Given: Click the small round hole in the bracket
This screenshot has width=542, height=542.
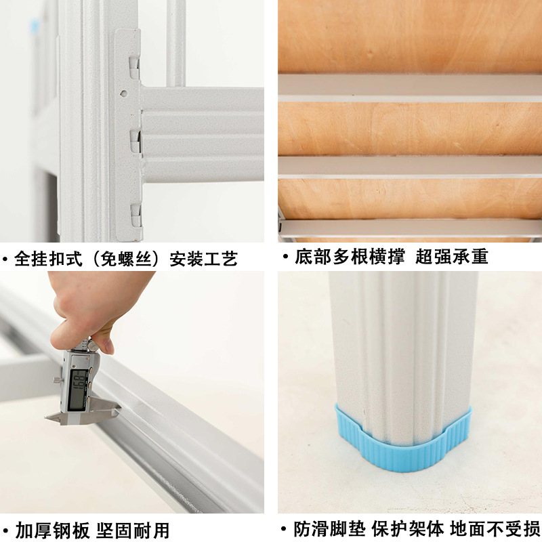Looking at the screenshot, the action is pyautogui.click(x=123, y=93).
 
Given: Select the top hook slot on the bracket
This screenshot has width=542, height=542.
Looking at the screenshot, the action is pyautogui.click(x=134, y=68).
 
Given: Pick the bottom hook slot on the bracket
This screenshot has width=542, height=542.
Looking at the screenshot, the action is pyautogui.click(x=136, y=215).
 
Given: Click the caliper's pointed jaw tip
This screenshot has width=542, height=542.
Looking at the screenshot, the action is pyautogui.click(x=46, y=419).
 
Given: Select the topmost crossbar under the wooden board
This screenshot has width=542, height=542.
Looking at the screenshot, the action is pyautogui.click(x=410, y=88).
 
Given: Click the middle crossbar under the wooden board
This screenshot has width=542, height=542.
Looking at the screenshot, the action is pyautogui.click(x=410, y=167).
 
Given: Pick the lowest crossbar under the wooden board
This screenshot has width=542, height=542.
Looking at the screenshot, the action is pyautogui.click(x=410, y=228).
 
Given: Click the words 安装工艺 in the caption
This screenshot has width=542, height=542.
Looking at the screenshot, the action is pyautogui.click(x=204, y=259).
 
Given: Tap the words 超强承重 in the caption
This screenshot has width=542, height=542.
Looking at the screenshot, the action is pyautogui.click(x=451, y=257).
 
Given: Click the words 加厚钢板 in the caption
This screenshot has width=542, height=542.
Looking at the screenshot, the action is pyautogui.click(x=53, y=530).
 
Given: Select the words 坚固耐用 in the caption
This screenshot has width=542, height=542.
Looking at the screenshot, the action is pyautogui.click(x=133, y=530).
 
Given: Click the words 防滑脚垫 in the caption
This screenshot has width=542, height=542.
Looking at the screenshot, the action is pyautogui.click(x=329, y=528).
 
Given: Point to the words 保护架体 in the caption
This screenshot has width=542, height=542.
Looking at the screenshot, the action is pyautogui.click(x=408, y=528).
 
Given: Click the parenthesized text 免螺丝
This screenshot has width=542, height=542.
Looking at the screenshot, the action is pyautogui.click(x=126, y=259).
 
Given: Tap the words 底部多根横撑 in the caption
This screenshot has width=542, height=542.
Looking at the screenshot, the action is pyautogui.click(x=350, y=257).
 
